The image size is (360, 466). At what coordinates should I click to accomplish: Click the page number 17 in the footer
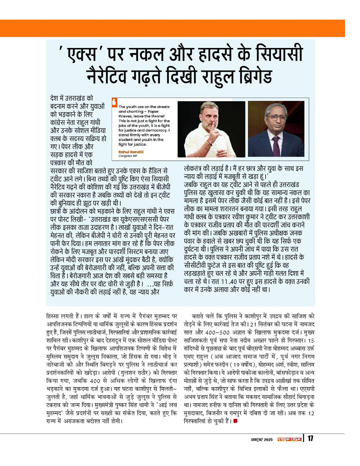(x=310, y=439)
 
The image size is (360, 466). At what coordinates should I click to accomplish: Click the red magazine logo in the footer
(x=289, y=439)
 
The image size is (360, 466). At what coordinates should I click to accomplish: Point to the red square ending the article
(x=235, y=421)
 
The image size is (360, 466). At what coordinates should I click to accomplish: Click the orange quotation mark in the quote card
(x=114, y=102)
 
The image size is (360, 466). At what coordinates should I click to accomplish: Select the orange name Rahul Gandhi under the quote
(x=131, y=152)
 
